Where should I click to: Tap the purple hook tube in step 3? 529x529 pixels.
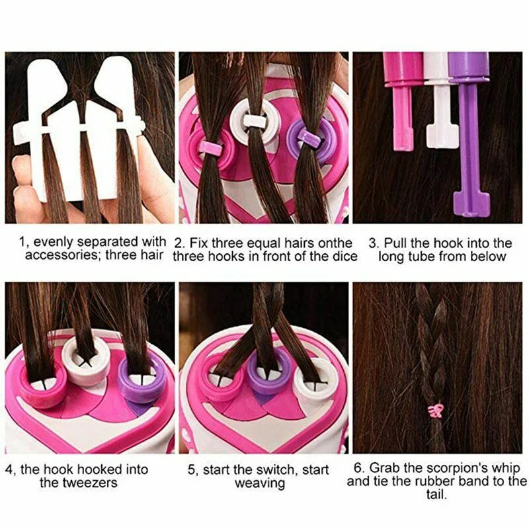tap(468, 132)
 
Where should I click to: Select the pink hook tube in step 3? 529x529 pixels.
tap(403, 99)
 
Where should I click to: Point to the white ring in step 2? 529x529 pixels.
tap(253, 120)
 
